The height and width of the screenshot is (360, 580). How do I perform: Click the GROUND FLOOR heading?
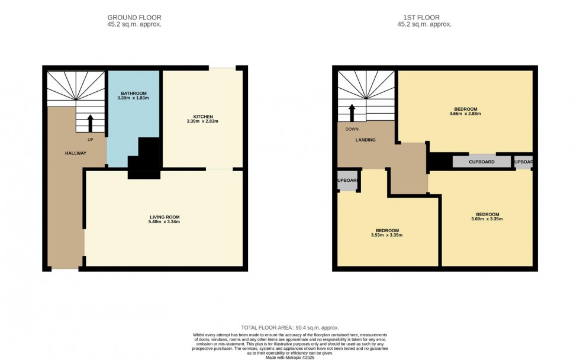(x=134, y=18)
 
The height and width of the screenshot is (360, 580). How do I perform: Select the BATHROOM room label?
(x=133, y=94)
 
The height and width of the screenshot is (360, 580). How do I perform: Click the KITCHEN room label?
(x=202, y=116)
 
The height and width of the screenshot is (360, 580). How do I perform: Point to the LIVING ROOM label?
(x=164, y=217)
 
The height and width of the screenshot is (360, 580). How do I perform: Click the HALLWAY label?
(x=76, y=153)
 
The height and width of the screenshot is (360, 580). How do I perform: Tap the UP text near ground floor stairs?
(x=91, y=140)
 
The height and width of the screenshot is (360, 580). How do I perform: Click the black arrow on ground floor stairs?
(x=91, y=123)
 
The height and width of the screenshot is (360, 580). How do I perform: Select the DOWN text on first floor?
(x=352, y=128)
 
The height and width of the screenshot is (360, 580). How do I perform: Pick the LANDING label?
(x=365, y=140)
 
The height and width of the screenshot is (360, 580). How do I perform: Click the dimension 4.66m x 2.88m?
(x=466, y=114)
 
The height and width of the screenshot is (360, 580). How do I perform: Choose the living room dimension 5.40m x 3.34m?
(x=164, y=222)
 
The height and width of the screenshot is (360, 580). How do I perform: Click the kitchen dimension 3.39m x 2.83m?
(x=202, y=121)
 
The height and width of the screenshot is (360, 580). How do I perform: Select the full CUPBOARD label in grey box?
(x=481, y=162)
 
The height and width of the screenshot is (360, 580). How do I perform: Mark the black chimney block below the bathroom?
(x=145, y=159)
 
